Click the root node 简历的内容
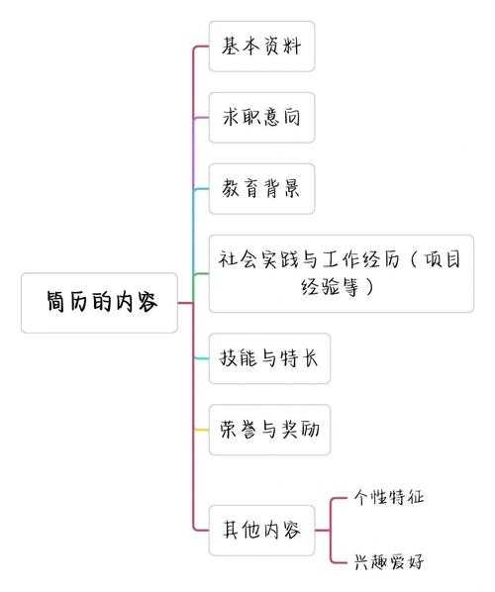coord(100,302)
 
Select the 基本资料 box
coord(261,47)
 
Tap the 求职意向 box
coord(261,118)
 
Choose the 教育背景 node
coord(261,189)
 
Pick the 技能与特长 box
coord(269,358)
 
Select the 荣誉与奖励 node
coord(269,430)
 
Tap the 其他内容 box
coord(261,529)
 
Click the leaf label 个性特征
coord(389,497)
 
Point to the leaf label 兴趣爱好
coord(389,561)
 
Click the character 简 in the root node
coord(56,302)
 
